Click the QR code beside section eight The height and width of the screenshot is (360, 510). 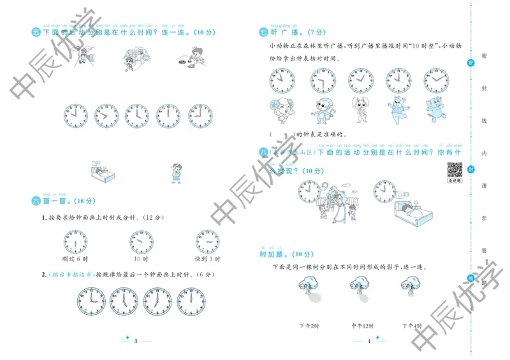[453, 171]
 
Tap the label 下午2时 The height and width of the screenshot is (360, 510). [309, 326]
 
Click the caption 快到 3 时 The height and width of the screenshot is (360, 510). [207, 259]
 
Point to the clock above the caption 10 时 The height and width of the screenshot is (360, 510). [141, 241]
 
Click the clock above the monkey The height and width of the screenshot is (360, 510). [323, 80]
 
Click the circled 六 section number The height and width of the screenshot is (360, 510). [36, 201]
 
